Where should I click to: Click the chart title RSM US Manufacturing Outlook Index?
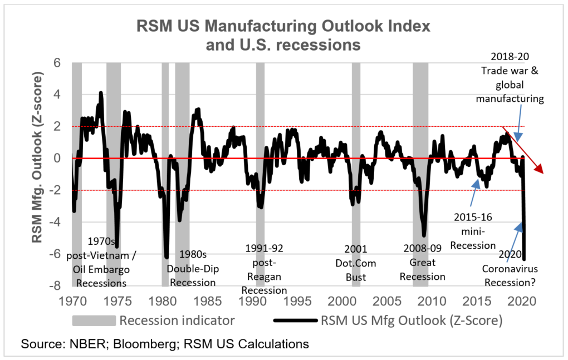[x=283, y=27]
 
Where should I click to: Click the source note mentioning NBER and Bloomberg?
[x=165, y=344]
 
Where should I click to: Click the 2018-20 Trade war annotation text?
[x=512, y=78]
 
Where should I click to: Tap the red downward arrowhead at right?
[x=541, y=170]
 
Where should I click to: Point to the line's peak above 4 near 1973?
[x=101, y=93]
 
